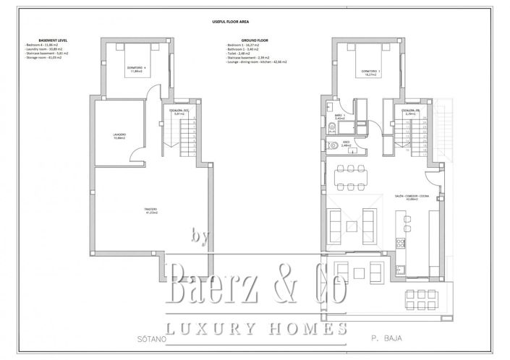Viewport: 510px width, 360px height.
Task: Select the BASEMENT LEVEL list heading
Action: pyautogui.click(x=38, y=40)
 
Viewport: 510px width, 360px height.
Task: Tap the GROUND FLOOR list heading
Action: pyautogui.click(x=242, y=40)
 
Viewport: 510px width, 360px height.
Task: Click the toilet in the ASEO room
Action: pyautogui.click(x=331, y=145)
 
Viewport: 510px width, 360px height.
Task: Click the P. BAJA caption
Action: pyautogui.click(x=384, y=338)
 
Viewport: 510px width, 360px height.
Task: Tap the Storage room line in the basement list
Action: pyautogui.click(x=45, y=58)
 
